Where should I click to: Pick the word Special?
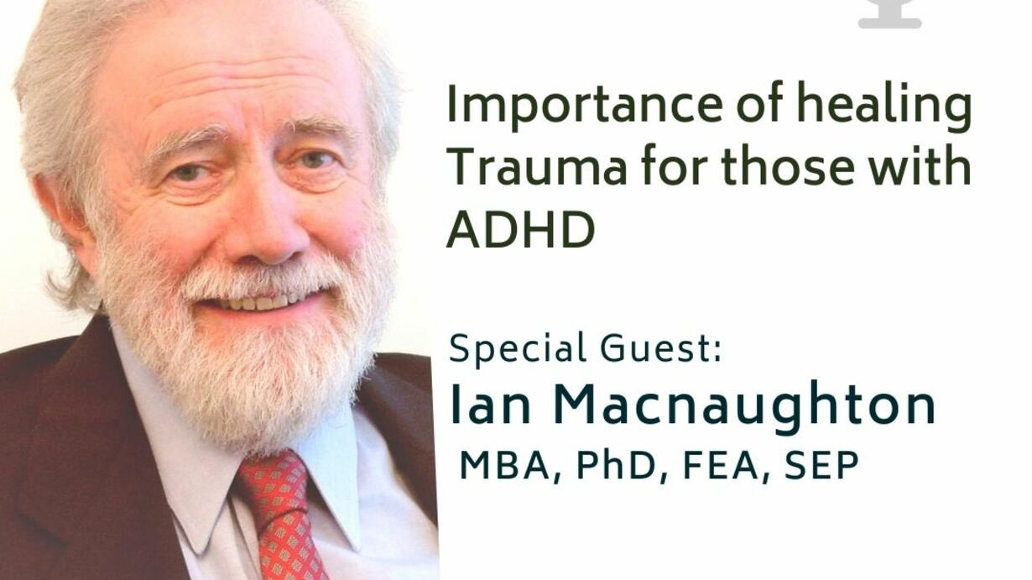518,350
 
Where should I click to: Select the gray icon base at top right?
889,22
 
